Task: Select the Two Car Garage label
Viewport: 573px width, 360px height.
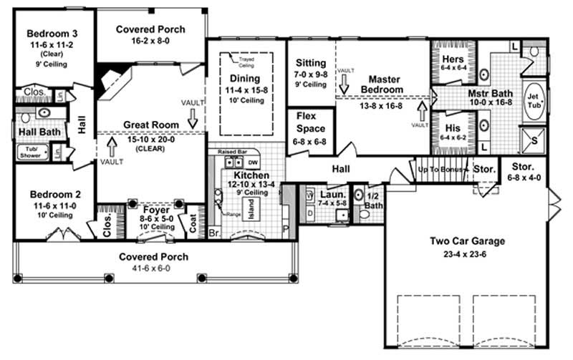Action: click(x=467, y=241)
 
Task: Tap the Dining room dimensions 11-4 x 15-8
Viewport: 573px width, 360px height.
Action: click(x=246, y=89)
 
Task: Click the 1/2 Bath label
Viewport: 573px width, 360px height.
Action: click(x=374, y=200)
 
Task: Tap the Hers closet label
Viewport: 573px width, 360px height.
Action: click(x=453, y=59)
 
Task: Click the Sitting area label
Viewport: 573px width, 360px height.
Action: click(x=310, y=63)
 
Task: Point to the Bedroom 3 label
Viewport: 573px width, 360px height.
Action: click(x=51, y=33)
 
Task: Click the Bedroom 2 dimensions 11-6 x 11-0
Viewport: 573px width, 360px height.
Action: click(x=51, y=205)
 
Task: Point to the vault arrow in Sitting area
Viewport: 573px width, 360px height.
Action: click(x=344, y=83)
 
